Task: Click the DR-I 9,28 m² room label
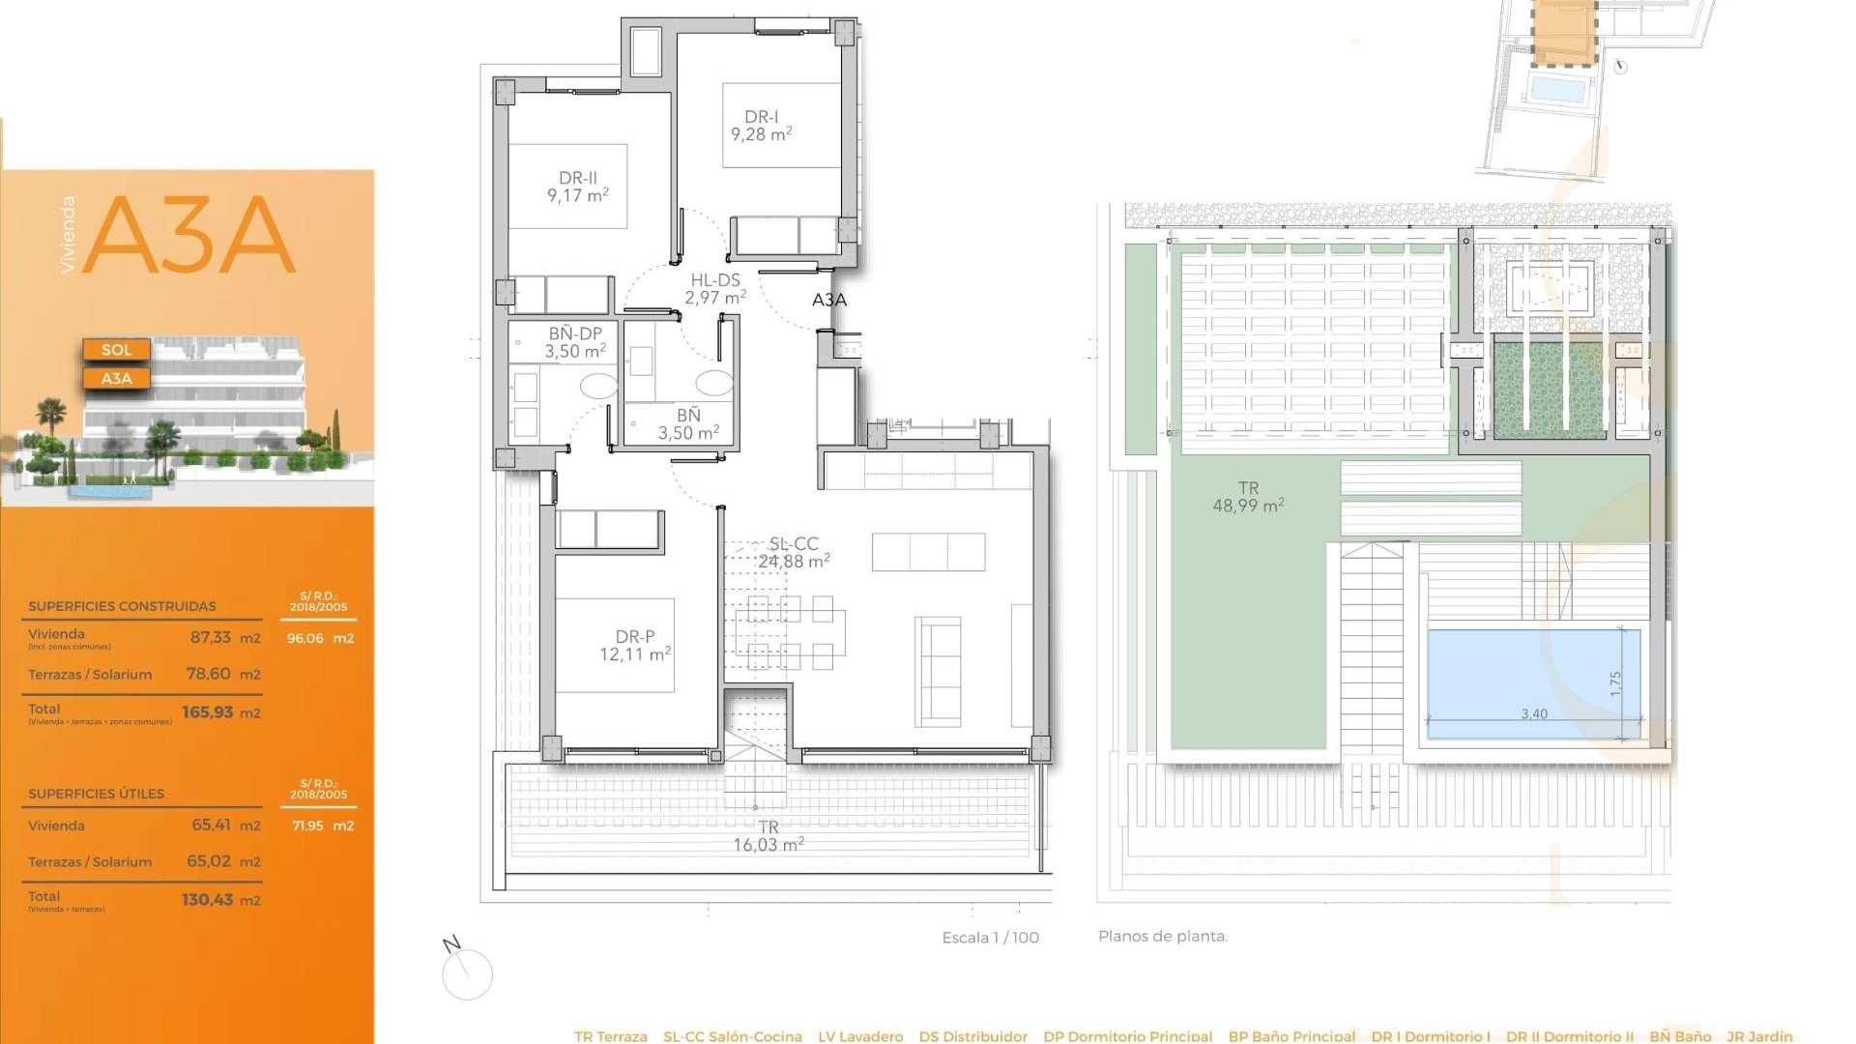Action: pyautogui.click(x=761, y=126)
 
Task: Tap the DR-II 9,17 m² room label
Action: pyautogui.click(x=577, y=187)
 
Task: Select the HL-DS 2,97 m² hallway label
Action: pyautogui.click(x=714, y=289)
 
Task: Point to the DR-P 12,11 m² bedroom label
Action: pyautogui.click(x=634, y=646)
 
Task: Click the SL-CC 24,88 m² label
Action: pyautogui.click(x=794, y=553)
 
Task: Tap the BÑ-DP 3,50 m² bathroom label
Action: pyautogui.click(x=575, y=342)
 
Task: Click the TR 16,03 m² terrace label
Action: pyautogui.click(x=768, y=836)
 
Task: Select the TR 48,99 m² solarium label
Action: pyautogui.click(x=1248, y=497)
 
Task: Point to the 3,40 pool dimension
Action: pyautogui.click(x=1533, y=714)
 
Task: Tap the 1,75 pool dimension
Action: pyautogui.click(x=1615, y=683)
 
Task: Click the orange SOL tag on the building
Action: pyautogui.click(x=116, y=350)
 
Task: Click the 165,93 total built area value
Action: pyautogui.click(x=208, y=712)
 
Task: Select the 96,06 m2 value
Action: pyautogui.click(x=320, y=638)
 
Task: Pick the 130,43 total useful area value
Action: pyautogui.click(x=208, y=900)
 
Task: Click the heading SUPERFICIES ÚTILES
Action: pyautogui.click(x=96, y=794)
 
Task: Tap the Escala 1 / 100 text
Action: pyautogui.click(x=990, y=938)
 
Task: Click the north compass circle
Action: pyautogui.click(x=468, y=974)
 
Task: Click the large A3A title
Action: pyautogui.click(x=189, y=235)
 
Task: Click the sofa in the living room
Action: pyautogui.click(x=938, y=672)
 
